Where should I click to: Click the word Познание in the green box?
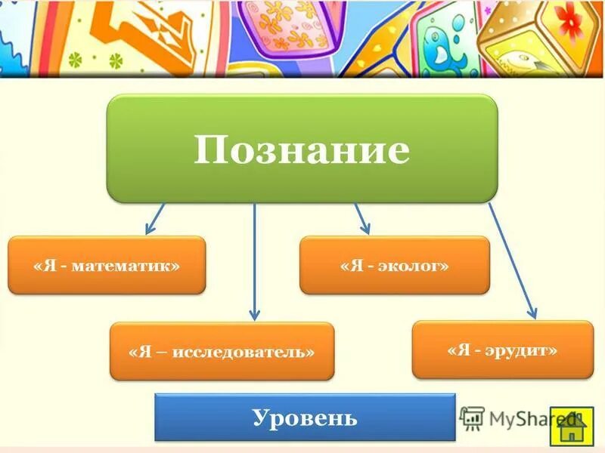301,151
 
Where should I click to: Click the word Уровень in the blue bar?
305,417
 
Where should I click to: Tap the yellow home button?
572,427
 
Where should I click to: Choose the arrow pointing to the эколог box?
361,218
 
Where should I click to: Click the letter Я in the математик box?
46,266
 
